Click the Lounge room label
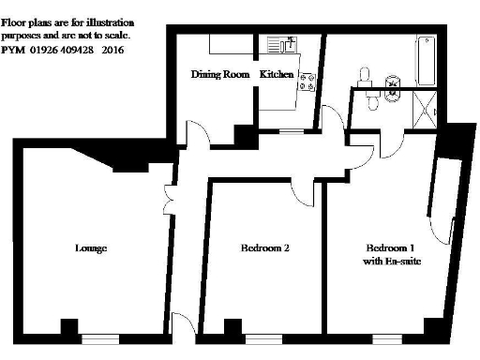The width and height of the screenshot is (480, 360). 90,248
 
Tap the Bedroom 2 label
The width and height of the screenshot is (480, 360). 264,248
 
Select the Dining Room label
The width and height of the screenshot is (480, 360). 219,74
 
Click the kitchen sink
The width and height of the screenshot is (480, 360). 281,43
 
